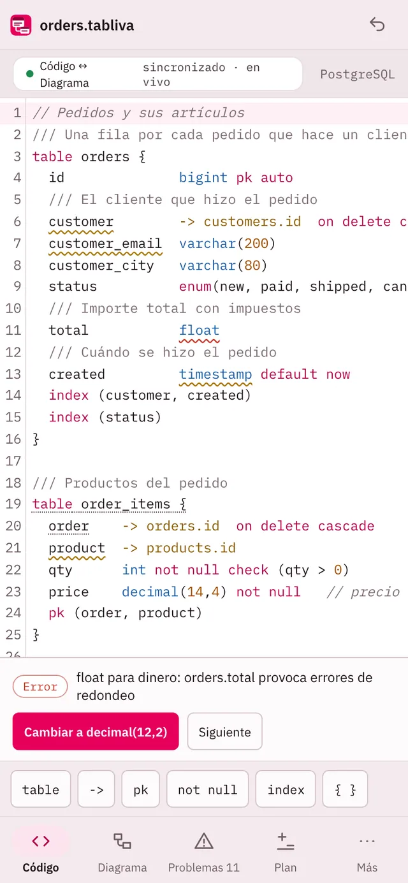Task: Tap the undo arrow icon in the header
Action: coord(377,24)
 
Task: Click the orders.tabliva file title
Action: coord(87,26)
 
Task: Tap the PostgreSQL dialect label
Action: coord(357,74)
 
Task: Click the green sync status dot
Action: coord(29,74)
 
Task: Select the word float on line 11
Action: coord(199,330)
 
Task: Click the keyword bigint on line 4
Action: coord(203,178)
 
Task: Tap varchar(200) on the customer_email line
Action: coord(227,244)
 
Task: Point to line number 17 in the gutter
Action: coord(13,461)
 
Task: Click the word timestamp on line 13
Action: coord(215,374)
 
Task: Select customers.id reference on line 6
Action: coord(252,221)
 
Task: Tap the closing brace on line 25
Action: coord(36,634)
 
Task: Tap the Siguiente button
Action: coord(224,732)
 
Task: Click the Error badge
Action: coord(40,687)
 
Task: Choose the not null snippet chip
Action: coord(208,789)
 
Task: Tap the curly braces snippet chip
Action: coord(345,789)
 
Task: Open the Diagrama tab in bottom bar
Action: coord(122,852)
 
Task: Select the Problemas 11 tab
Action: coord(204,852)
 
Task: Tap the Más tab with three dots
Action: coord(367,852)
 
